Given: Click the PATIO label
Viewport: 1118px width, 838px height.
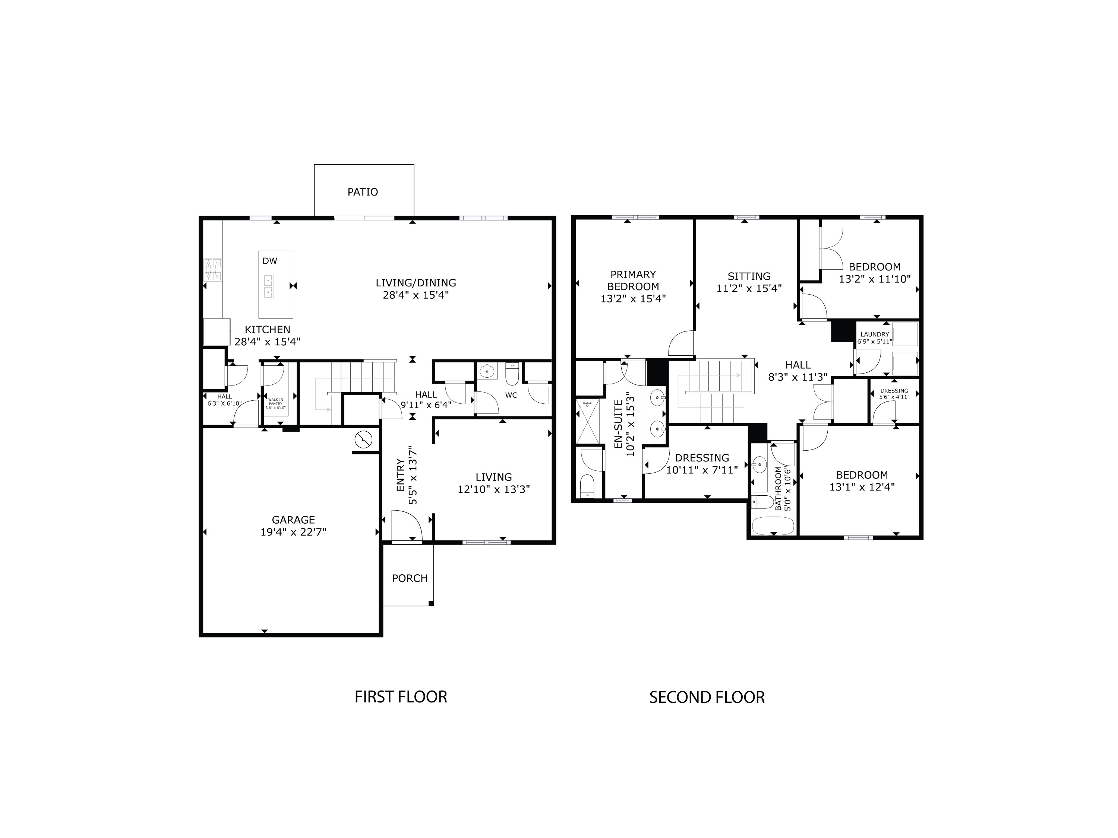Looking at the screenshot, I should (x=362, y=192).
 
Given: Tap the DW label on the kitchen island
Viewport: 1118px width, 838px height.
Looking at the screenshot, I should (x=270, y=261).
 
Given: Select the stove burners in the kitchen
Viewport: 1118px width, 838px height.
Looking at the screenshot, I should (x=213, y=269).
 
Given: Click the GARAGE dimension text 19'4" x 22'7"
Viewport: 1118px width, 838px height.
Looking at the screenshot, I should (x=293, y=532).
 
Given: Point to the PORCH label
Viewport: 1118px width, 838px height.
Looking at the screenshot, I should (x=410, y=578).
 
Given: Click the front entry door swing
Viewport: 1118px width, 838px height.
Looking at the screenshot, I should (x=407, y=525).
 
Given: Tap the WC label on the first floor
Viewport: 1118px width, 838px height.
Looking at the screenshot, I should (x=511, y=396).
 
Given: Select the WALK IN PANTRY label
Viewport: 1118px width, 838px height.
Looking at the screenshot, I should (x=275, y=403).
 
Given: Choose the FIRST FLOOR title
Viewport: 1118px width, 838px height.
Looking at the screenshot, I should (x=401, y=697).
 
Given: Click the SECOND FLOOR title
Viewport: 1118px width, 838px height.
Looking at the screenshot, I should (x=707, y=698).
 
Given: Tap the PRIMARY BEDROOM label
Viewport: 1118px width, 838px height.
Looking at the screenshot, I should (x=633, y=280).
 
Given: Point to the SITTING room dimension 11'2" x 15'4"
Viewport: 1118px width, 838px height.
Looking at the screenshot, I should (x=749, y=288).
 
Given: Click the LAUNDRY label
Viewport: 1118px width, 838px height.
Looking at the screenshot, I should (x=874, y=334).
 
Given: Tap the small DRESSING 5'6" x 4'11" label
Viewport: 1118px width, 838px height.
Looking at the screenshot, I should (x=894, y=391).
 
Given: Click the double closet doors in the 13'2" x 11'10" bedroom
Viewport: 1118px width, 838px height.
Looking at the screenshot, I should (x=832, y=248).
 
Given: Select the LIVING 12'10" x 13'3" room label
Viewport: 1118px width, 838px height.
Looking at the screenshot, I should (x=493, y=477).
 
